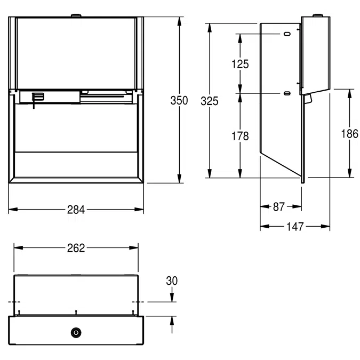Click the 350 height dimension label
[x=179, y=100]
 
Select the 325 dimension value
[x=210, y=100]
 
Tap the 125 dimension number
[x=241, y=64]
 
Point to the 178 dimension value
[x=241, y=136]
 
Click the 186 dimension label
[x=349, y=133]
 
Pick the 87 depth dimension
[x=279, y=207]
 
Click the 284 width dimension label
[x=76, y=210]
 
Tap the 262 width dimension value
[x=76, y=248]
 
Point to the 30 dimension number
[x=172, y=281]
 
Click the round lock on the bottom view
[x=76, y=332]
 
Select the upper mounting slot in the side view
[x=287, y=34]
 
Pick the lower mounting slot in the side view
[x=287, y=94]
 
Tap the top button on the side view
[x=319, y=15]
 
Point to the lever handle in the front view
[x=37, y=98]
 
